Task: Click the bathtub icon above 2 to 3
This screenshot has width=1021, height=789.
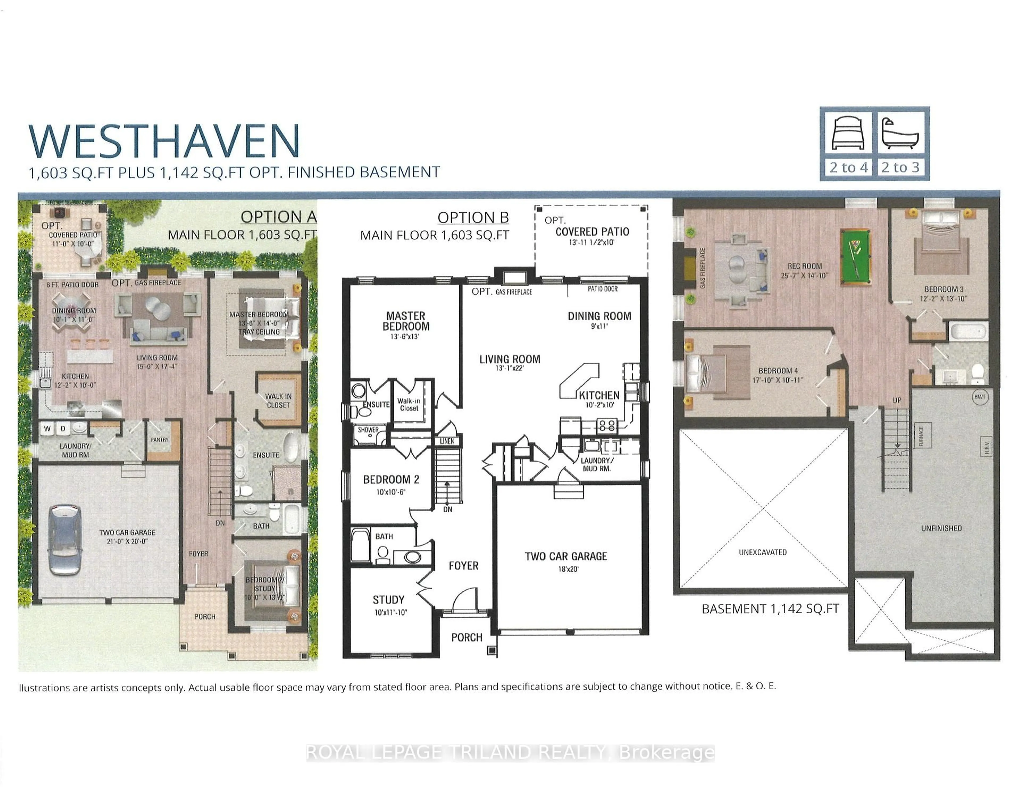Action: pos(900,133)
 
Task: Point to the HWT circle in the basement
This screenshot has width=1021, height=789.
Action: pos(980,397)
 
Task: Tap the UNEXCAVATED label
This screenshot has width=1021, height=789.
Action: pos(763,552)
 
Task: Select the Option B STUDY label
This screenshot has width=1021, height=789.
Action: pos(388,600)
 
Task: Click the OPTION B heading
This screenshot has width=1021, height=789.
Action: pos(473,217)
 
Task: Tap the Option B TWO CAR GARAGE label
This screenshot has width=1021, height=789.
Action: pos(566,556)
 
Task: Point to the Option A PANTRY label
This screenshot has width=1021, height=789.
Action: pos(160,439)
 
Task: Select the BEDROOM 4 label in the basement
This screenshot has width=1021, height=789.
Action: pos(778,371)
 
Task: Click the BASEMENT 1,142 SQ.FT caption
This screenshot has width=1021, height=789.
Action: pos(770,608)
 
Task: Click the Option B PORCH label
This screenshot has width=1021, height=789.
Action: pos(467,637)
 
